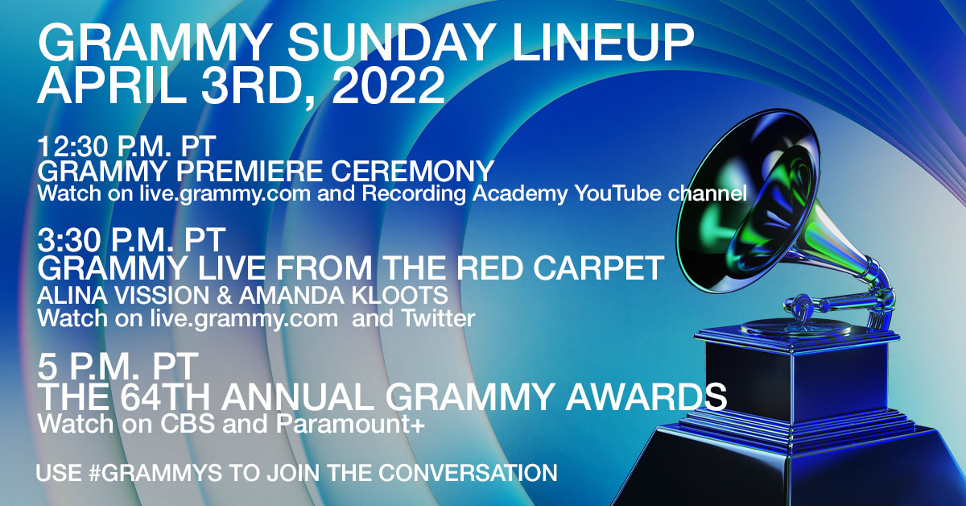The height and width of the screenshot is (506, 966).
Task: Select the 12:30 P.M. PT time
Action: (x=126, y=147)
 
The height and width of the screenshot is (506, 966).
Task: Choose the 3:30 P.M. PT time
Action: (x=131, y=239)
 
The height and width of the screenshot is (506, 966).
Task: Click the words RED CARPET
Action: (x=560, y=268)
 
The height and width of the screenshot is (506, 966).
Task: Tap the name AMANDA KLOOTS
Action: (x=344, y=296)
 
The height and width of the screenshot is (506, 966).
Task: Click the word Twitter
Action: (x=438, y=318)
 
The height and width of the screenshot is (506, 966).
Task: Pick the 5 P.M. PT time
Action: (x=118, y=366)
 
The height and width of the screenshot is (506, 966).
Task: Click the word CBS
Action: (x=187, y=424)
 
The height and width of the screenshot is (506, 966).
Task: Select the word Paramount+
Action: (x=351, y=424)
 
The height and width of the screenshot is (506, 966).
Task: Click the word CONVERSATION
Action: (x=468, y=473)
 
